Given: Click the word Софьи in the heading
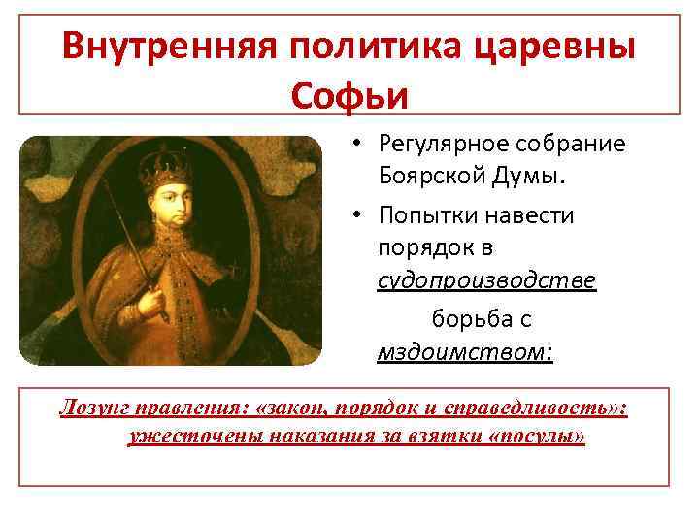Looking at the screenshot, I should tap(349, 95).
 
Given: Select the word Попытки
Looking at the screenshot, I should tap(424, 215).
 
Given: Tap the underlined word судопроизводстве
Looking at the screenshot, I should tap(486, 281).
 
